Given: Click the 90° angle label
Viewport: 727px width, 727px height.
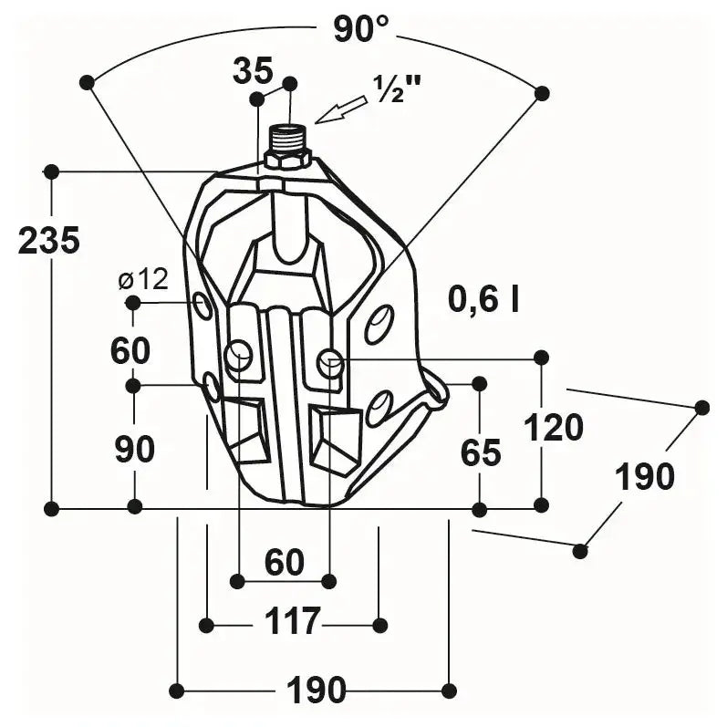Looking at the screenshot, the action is tap(360, 28).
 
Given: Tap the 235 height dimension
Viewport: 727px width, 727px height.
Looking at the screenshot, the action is tap(49, 240).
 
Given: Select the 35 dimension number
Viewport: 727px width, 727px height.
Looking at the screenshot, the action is tap(253, 71).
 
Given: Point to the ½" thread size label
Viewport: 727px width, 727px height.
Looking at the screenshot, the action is tap(397, 88).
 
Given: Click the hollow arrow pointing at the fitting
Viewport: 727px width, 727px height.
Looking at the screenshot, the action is tap(340, 109).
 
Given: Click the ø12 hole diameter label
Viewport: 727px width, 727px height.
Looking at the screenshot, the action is tap(143, 279).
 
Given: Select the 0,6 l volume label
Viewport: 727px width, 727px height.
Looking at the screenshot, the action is tap(483, 299).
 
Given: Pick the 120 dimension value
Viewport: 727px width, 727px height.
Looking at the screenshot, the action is tap(553, 428).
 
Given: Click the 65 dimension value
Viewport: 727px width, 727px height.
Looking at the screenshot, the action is tap(481, 452).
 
